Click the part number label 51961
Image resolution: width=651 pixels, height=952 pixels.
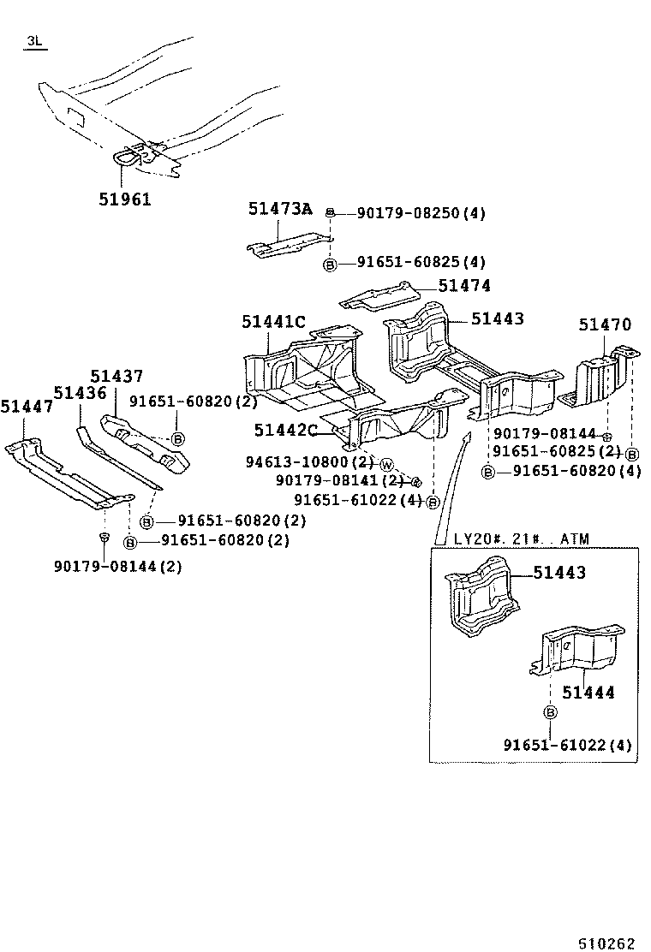(126, 199)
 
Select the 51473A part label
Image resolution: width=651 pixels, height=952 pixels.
(280, 209)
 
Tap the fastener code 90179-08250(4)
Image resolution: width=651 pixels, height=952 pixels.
(409, 212)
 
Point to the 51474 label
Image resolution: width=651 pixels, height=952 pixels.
(464, 287)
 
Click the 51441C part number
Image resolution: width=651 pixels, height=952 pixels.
(273, 322)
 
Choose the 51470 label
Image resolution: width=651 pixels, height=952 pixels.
(604, 324)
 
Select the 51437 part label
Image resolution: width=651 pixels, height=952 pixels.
(117, 376)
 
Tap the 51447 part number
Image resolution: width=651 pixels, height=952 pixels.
(27, 408)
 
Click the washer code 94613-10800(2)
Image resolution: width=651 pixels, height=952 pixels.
(310, 462)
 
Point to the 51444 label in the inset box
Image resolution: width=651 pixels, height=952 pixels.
(588, 692)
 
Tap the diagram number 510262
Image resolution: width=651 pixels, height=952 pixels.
(606, 943)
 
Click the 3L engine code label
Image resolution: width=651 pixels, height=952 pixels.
(35, 41)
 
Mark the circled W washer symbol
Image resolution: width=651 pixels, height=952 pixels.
(385, 464)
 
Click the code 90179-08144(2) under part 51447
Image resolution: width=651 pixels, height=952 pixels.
(117, 566)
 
